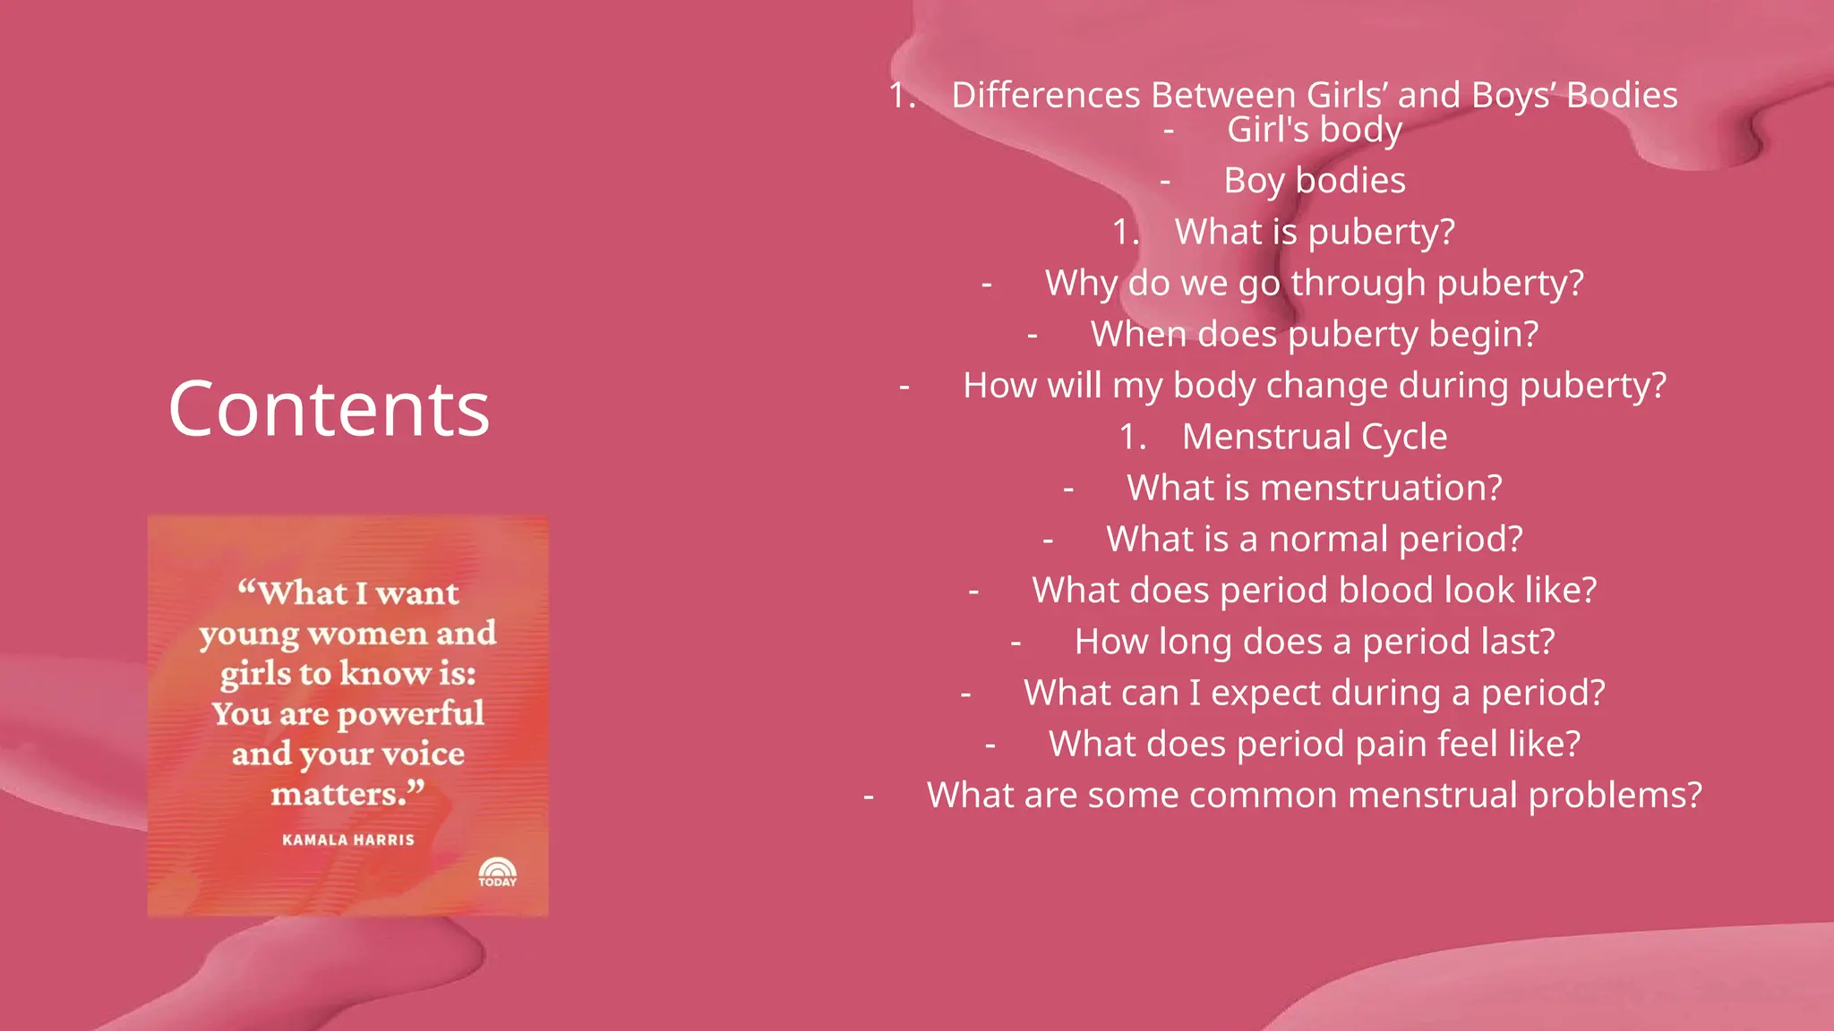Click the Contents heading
pos(329,409)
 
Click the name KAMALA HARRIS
pos(348,839)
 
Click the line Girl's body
pos(1314,130)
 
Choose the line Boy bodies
pos(1314,181)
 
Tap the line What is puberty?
pos(1314,232)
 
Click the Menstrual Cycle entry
pos(1314,437)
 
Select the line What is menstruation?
pos(1314,488)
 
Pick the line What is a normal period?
pos(1314,539)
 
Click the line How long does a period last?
pos(1314,642)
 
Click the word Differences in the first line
pos(1045,95)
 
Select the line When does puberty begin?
pos(1314,335)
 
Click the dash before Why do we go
pos(987,285)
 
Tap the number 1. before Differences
pos(902,96)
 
